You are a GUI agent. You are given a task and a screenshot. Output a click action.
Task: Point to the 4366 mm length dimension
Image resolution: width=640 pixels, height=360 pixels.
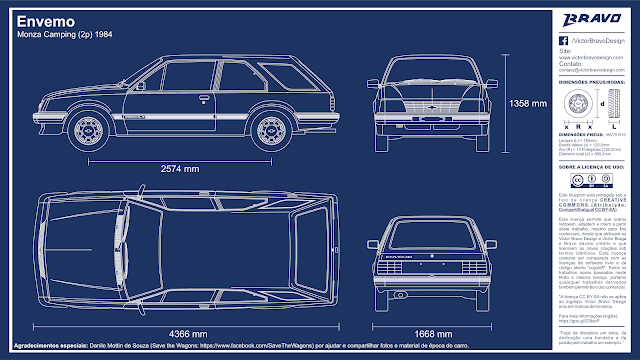pos(187,333)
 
